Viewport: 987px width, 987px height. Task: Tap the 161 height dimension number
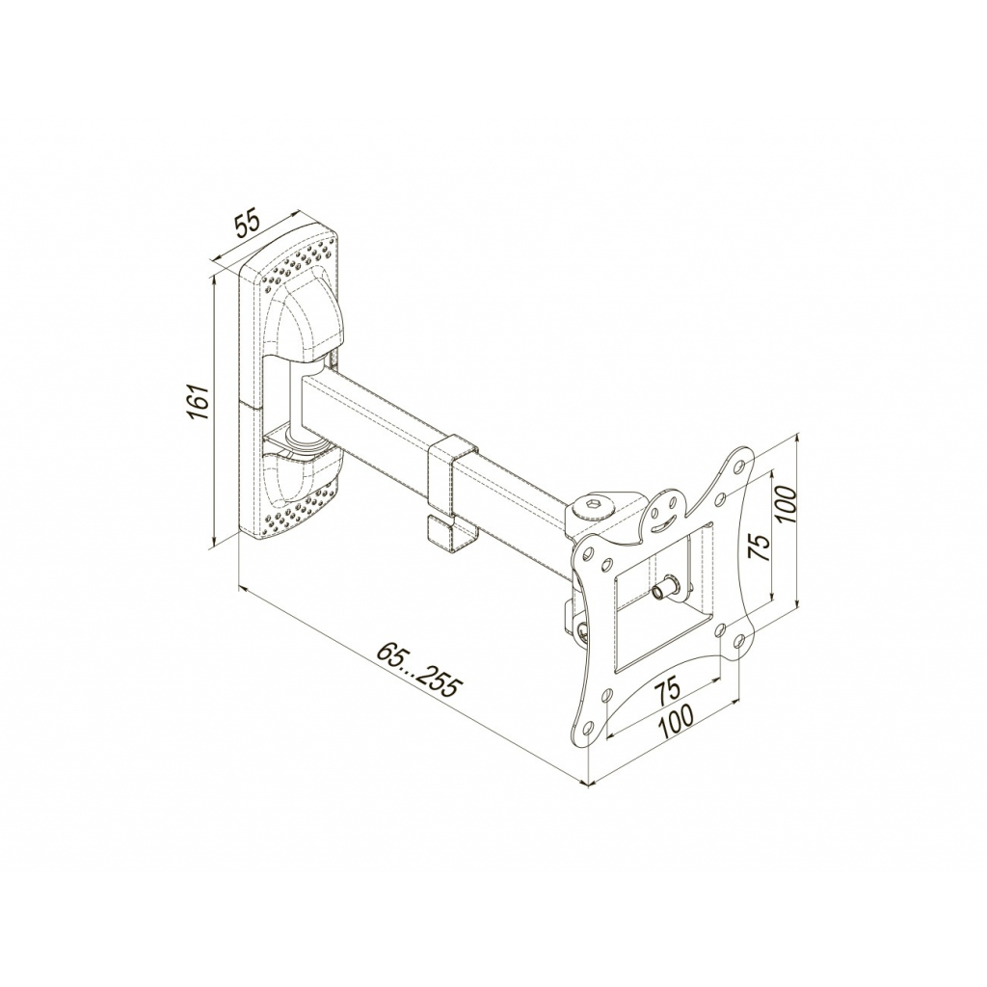[199, 402]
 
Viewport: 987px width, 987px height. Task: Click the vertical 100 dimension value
[787, 504]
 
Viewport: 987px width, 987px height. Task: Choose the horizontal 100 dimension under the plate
[677, 721]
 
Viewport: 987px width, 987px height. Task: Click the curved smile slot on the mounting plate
[665, 521]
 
